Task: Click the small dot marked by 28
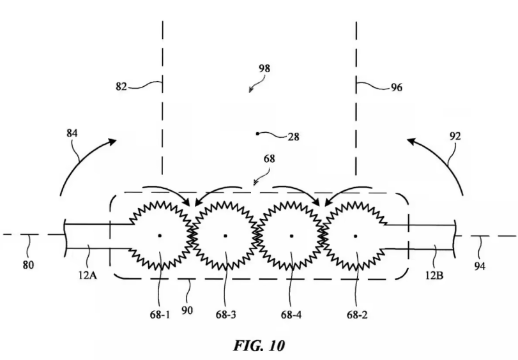coord(257,133)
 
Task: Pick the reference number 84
coord(73,134)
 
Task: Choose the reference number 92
coord(455,136)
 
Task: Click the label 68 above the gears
coord(270,158)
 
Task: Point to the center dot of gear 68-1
coord(160,236)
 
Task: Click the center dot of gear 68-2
coord(357,236)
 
